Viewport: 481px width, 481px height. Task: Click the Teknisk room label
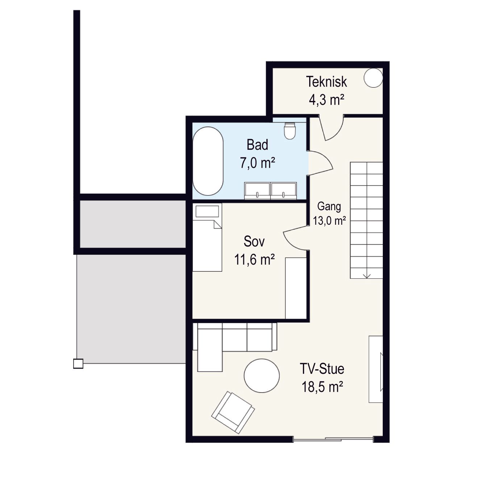click(x=327, y=82)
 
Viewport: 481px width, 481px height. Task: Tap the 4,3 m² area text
click(x=327, y=100)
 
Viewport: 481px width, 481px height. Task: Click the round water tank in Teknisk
click(x=373, y=78)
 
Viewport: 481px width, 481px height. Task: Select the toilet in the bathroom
click(x=290, y=130)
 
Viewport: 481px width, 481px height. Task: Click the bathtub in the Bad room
click(x=208, y=161)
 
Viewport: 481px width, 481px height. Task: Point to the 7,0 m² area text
click(x=257, y=163)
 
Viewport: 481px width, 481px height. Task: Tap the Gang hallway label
click(x=329, y=207)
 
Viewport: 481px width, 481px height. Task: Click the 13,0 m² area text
click(x=329, y=221)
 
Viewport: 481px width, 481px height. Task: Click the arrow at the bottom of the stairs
click(x=366, y=275)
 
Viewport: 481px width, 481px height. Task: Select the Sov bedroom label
click(x=254, y=241)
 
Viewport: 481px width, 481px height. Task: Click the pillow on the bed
click(x=207, y=212)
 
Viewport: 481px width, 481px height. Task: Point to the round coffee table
click(x=262, y=376)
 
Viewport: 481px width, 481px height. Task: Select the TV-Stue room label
click(x=322, y=369)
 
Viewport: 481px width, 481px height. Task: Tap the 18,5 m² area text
click(x=322, y=387)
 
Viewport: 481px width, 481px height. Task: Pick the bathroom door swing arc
click(x=320, y=162)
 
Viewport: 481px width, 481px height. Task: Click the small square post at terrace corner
click(x=78, y=364)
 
